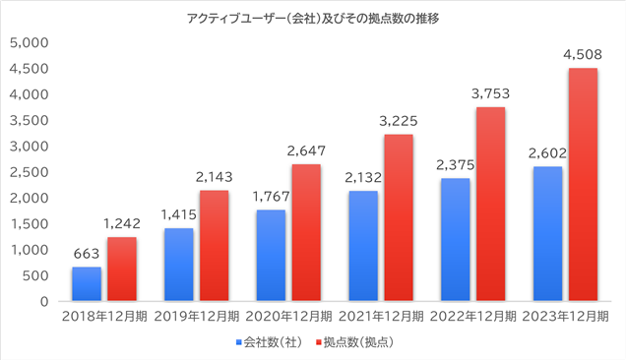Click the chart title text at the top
pos(313,19)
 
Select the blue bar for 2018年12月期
pos(87,283)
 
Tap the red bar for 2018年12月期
pos(122,269)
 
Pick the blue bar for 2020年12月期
pos(271,256)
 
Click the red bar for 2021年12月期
pos(399,217)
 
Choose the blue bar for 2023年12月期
pos(547,233)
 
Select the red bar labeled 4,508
pos(583,184)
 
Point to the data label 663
pos(87,254)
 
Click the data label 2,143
pos(214,177)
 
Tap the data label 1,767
pos(271,197)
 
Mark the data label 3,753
pos(490,93)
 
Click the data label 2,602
pos(547,152)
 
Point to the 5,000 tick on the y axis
pos(30,42)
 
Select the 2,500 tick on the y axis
pos(30,172)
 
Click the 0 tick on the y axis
pos(44,302)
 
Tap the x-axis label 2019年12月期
pos(197,317)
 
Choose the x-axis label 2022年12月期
pos(473,317)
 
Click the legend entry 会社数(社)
pos(269,342)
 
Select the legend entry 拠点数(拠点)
pos(354,342)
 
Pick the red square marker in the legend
pos(319,342)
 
